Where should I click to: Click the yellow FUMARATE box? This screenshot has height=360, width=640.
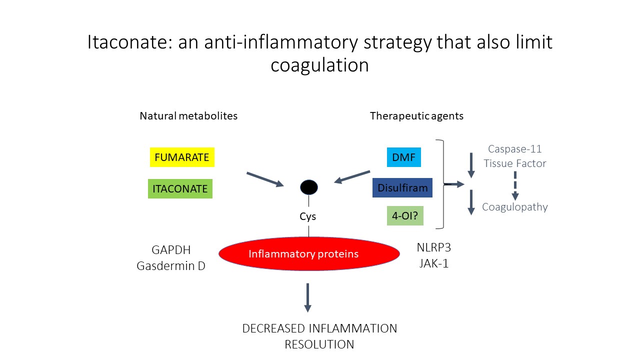click(x=182, y=157)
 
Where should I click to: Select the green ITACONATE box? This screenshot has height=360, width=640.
click(x=180, y=189)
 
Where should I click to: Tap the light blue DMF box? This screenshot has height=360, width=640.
click(x=403, y=157)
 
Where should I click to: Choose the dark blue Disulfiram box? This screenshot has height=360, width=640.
click(x=402, y=188)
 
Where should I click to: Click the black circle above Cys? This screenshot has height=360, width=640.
click(x=308, y=187)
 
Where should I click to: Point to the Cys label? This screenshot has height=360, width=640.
click(x=308, y=216)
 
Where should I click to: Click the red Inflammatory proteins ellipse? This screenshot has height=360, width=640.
click(x=309, y=253)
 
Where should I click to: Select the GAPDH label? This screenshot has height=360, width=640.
click(x=171, y=250)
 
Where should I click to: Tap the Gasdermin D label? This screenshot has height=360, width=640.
click(x=171, y=266)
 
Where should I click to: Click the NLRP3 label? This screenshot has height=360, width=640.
click(x=433, y=247)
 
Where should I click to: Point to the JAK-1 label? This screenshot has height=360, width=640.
click(x=433, y=263)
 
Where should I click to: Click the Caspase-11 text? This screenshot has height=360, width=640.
click(x=514, y=149)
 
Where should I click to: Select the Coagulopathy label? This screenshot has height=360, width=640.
click(x=514, y=207)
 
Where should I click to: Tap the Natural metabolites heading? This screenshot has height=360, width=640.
click(x=188, y=116)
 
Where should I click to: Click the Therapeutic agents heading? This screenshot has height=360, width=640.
click(x=416, y=116)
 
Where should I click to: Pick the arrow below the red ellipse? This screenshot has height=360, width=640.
click(x=307, y=297)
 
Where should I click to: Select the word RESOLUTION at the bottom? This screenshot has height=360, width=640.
click(x=319, y=344)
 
